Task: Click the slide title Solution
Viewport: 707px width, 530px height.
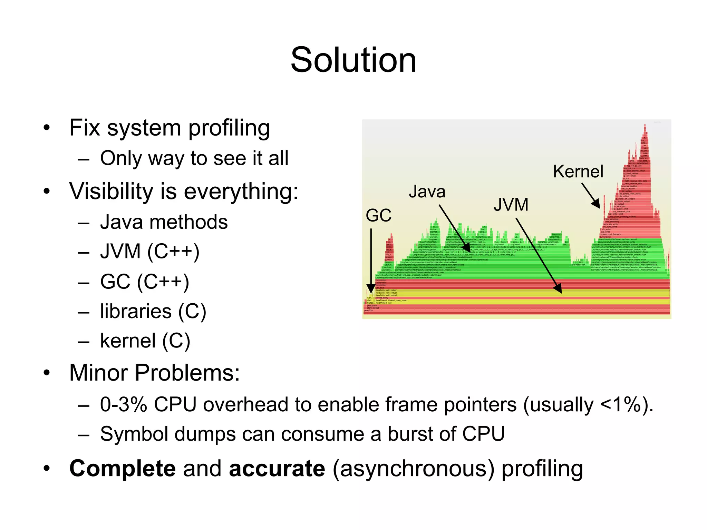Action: pyautogui.click(x=353, y=60)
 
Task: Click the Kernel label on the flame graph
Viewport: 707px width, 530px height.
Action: pyautogui.click(x=578, y=171)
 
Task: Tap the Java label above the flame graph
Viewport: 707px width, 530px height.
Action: pyautogui.click(x=427, y=192)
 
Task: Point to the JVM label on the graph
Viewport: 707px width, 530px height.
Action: pyautogui.click(x=511, y=205)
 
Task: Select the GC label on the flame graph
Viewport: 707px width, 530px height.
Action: pyautogui.click(x=378, y=216)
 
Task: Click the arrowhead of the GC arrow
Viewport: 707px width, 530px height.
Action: pyautogui.click(x=371, y=289)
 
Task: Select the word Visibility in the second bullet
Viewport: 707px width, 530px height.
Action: pyautogui.click(x=111, y=191)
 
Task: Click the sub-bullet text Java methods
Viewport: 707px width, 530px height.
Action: pyautogui.click(x=164, y=222)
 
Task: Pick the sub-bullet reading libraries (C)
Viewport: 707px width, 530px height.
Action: pyautogui.click(x=153, y=311)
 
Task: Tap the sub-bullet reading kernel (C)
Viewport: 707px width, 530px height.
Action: pyautogui.click(x=145, y=341)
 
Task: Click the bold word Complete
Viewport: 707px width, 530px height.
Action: pyautogui.click(x=123, y=469)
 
